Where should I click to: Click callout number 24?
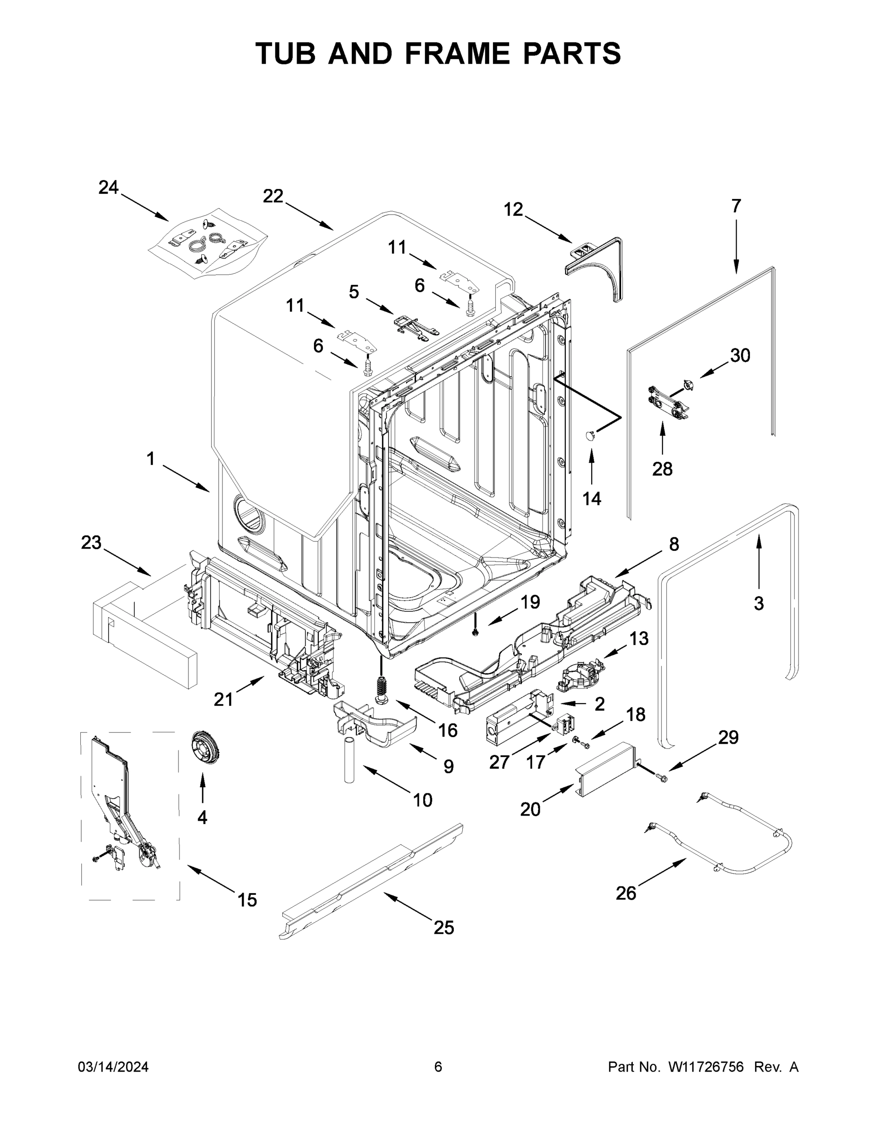[x=109, y=188]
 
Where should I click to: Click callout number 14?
[x=592, y=498]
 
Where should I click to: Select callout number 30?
[x=740, y=356]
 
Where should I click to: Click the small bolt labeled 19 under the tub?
[x=475, y=631]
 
